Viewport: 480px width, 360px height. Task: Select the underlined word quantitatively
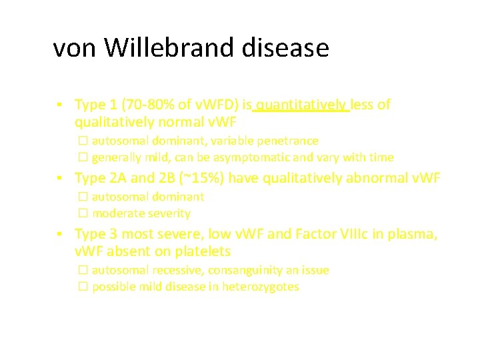pos(301,105)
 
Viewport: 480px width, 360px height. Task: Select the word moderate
pos(115,213)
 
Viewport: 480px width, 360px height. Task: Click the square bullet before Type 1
pos(60,105)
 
